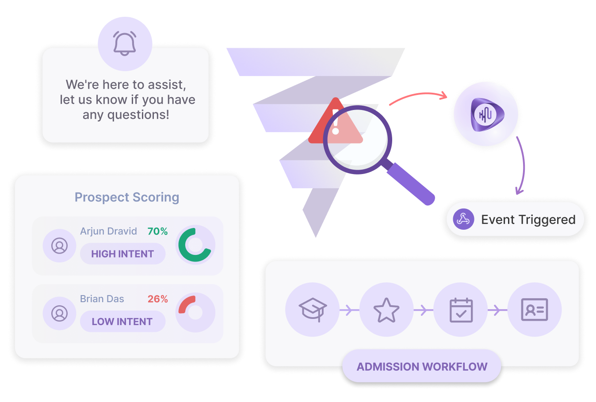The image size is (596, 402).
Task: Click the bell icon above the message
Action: [x=125, y=43]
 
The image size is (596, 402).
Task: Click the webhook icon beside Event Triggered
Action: [x=463, y=219]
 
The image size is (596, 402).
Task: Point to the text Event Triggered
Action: [x=528, y=220]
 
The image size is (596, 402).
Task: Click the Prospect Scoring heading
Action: [x=127, y=197]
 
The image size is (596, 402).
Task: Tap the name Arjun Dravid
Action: [x=108, y=231]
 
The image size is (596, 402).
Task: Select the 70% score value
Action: [x=157, y=231]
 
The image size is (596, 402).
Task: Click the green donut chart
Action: [x=195, y=245]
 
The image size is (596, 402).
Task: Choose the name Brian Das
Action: [x=102, y=299]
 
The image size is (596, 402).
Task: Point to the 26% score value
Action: [x=157, y=299]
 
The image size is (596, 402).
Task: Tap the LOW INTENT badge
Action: [x=122, y=322]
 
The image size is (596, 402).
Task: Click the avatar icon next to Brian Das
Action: [x=59, y=313]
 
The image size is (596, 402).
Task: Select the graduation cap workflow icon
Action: [x=312, y=309]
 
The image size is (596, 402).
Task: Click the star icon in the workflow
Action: [x=386, y=309]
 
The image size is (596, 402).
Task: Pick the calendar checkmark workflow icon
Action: [x=461, y=309]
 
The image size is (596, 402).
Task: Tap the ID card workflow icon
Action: [x=535, y=309]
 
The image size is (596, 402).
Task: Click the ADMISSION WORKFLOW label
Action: [x=422, y=367]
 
